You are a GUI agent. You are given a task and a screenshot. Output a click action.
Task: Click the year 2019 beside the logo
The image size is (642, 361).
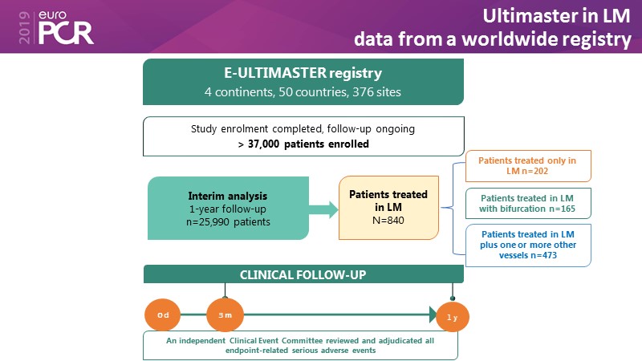click(x=10, y=27)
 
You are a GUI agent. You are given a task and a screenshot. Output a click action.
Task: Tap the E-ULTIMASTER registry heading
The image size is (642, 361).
click(x=303, y=75)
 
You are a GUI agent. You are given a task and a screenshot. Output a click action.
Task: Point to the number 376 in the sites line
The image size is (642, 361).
click(x=352, y=92)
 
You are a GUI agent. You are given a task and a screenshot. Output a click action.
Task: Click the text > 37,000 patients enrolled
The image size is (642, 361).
click(x=303, y=144)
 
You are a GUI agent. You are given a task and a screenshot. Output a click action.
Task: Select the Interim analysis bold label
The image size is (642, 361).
click(x=228, y=196)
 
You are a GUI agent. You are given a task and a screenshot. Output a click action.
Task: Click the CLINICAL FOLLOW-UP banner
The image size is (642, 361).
click(x=303, y=274)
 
